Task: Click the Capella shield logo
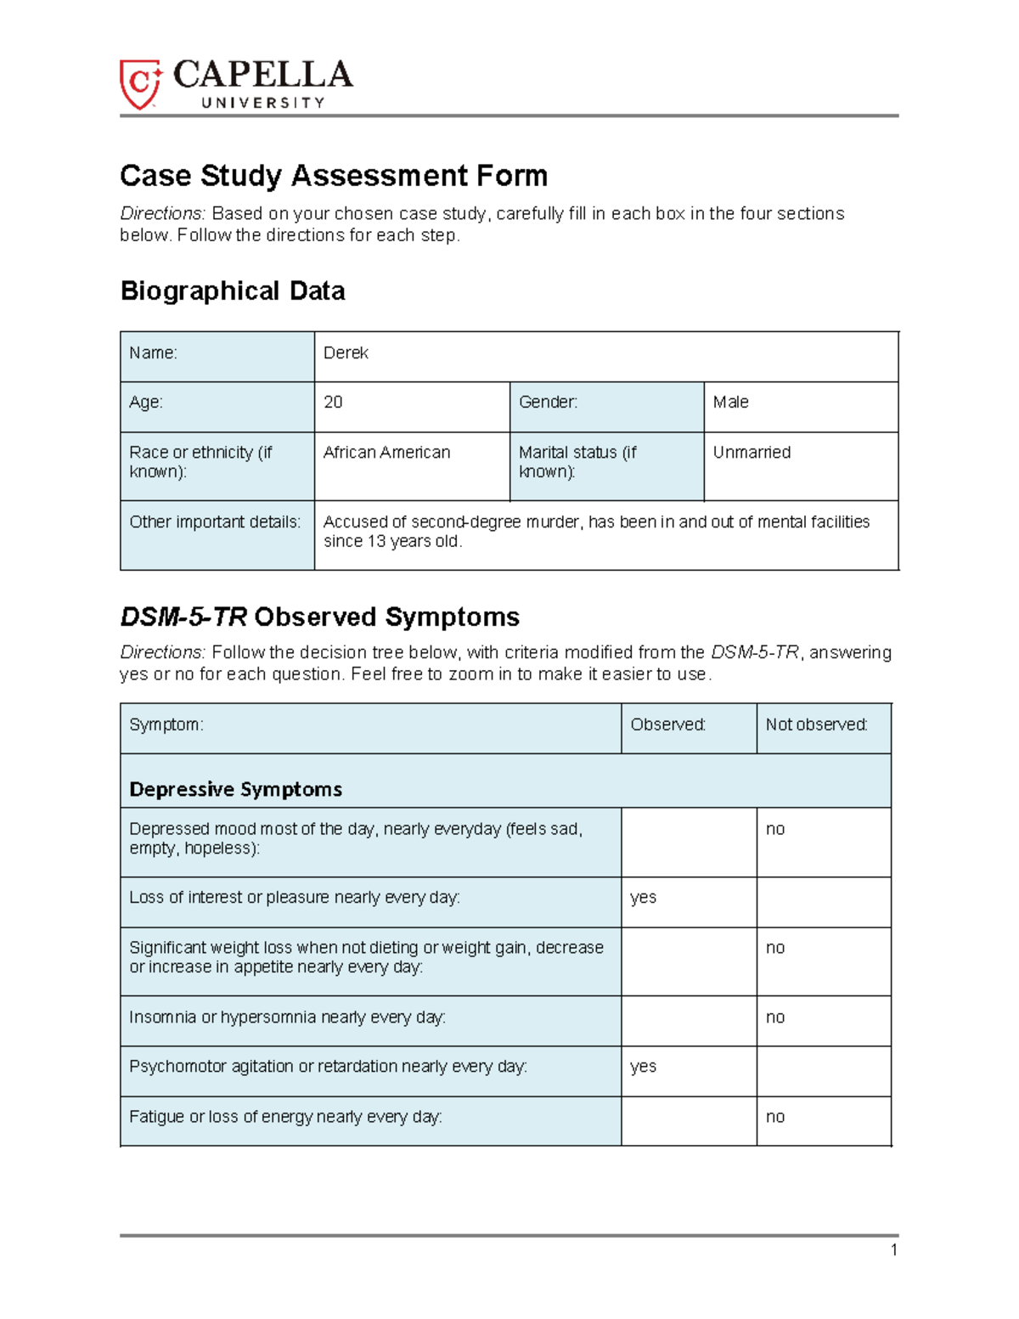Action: tap(140, 84)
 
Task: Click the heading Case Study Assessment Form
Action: tap(333, 176)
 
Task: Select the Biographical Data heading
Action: tap(232, 290)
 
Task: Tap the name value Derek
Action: tap(346, 353)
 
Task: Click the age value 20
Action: tap(333, 403)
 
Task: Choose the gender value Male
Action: tap(730, 403)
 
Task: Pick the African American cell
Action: tap(386, 453)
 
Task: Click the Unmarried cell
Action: tap(752, 453)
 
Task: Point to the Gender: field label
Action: tap(548, 403)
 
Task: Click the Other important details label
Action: tap(215, 522)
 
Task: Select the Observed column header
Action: tap(667, 725)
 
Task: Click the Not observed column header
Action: tap(816, 725)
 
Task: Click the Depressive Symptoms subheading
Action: tap(235, 790)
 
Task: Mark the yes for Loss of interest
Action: tap(643, 898)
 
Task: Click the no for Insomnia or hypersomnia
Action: tap(774, 1017)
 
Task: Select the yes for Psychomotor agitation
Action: tap(643, 1067)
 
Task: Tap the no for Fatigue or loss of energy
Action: tap(774, 1117)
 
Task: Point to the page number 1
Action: tap(893, 1249)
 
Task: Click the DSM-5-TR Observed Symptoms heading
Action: tap(319, 617)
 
